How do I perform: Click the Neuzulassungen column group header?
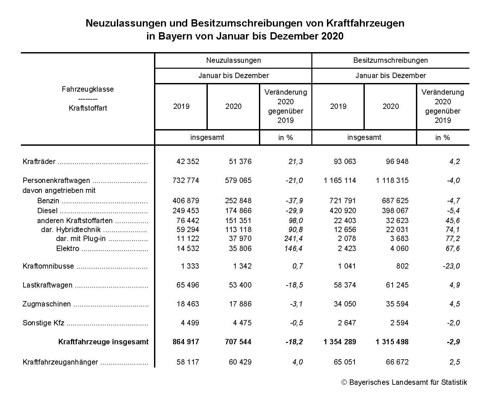click(233, 60)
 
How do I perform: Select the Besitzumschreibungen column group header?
click(390, 60)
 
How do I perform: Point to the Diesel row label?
click(47, 211)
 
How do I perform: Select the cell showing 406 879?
click(186, 201)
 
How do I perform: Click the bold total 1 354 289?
click(340, 342)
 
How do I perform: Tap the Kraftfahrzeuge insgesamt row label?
click(103, 342)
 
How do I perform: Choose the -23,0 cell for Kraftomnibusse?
click(451, 266)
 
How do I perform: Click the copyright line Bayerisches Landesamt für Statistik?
click(404, 382)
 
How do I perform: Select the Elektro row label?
click(68, 249)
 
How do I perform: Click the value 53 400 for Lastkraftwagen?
click(240, 285)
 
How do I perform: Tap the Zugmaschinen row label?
click(46, 304)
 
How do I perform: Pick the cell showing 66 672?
click(397, 362)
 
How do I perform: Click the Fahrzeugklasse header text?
click(88, 89)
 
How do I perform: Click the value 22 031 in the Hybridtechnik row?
click(397, 230)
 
